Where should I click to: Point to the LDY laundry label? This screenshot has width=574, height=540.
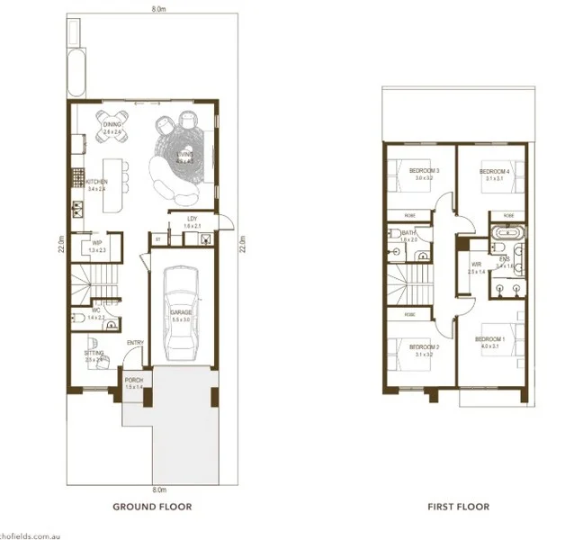[192, 219]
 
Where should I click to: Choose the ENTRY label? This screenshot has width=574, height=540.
[136, 342]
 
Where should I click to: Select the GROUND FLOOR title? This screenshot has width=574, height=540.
[151, 507]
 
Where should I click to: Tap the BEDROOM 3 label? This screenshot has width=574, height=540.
[424, 171]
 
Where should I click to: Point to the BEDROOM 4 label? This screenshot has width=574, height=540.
[494, 171]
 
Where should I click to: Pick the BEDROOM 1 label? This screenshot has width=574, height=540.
[489, 339]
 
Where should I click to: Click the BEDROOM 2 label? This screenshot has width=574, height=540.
[424, 346]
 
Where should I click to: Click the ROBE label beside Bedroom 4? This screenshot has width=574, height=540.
[507, 217]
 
